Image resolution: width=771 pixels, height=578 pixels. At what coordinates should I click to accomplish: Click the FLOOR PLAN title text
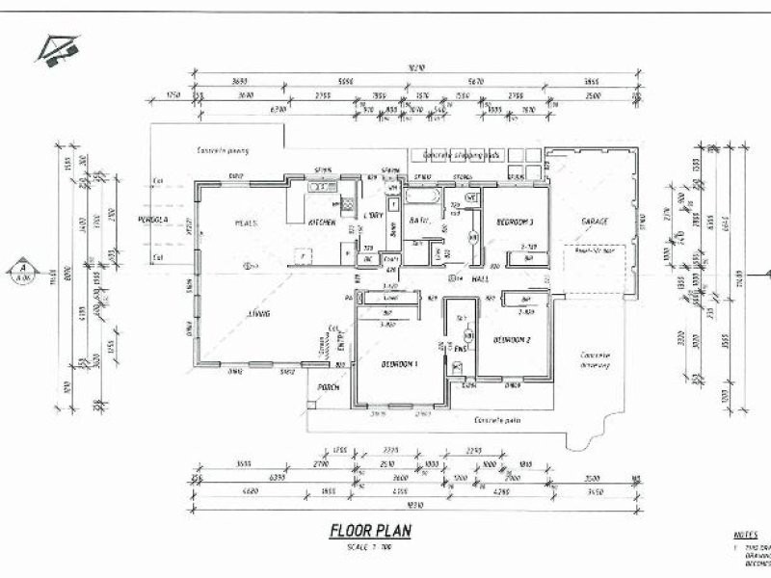click(x=370, y=530)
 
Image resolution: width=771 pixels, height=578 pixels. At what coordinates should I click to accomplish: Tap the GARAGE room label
click(x=596, y=222)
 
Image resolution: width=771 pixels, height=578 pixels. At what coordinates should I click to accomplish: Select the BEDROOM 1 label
click(x=399, y=364)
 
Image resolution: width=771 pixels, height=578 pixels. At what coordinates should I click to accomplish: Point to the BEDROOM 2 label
click(x=513, y=340)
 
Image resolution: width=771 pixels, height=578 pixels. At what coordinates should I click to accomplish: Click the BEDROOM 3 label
click(x=515, y=223)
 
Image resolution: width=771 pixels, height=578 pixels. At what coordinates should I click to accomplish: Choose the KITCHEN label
click(x=321, y=223)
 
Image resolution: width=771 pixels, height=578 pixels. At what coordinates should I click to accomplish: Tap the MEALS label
click(x=245, y=223)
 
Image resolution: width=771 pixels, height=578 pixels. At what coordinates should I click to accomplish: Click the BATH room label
click(x=418, y=221)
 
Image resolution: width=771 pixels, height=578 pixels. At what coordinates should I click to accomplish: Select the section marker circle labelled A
click(x=18, y=271)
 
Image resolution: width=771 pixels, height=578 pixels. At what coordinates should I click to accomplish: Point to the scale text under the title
click(x=369, y=547)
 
